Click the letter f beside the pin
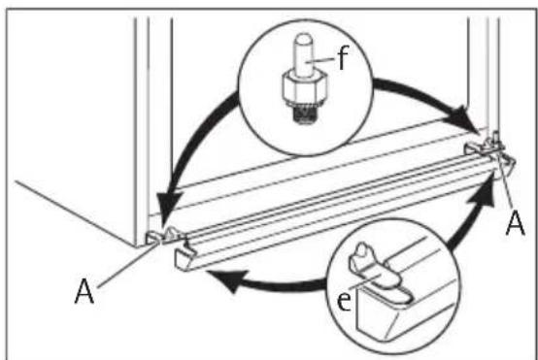343,57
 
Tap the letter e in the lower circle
344,301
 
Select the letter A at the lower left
84,291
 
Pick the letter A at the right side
516,222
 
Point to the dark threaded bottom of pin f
304,114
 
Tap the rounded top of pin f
304,40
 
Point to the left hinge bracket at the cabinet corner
165,236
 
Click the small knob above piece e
361,252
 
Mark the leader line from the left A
127,264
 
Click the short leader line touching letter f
321,60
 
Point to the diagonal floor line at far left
76,213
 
